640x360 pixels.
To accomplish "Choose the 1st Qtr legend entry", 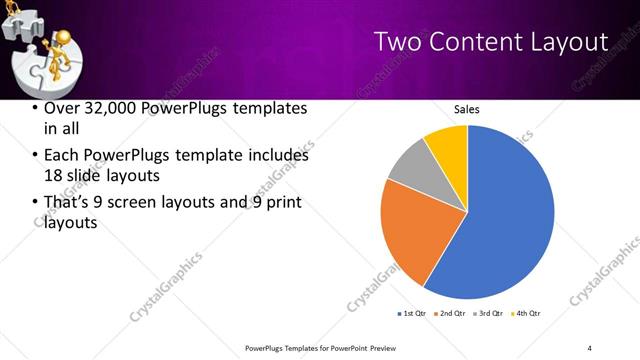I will click(x=412, y=315).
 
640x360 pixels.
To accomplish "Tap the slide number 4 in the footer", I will click(x=590, y=347).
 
